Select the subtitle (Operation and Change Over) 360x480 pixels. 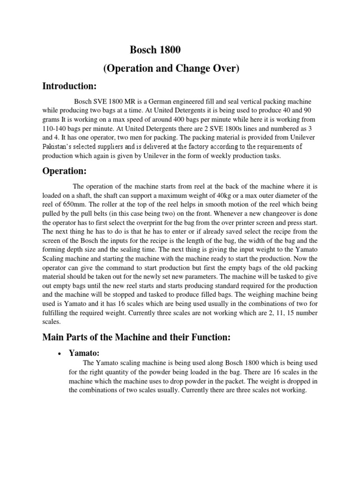pyautogui.click(x=171, y=68)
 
